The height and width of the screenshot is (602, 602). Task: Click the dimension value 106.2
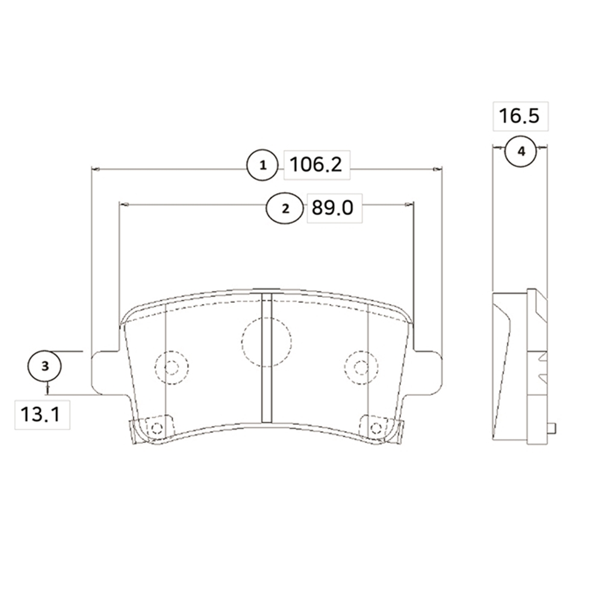click(315, 165)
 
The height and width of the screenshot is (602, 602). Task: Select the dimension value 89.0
click(332, 208)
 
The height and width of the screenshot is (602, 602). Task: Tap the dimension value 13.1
click(40, 415)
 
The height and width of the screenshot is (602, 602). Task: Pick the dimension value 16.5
click(519, 116)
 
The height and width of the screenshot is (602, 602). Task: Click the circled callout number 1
click(262, 166)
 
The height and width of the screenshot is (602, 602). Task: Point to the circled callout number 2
click(285, 208)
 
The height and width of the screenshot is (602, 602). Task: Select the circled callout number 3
click(45, 366)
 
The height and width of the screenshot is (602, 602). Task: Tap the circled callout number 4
click(521, 152)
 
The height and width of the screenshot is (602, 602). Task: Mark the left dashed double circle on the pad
click(172, 368)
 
